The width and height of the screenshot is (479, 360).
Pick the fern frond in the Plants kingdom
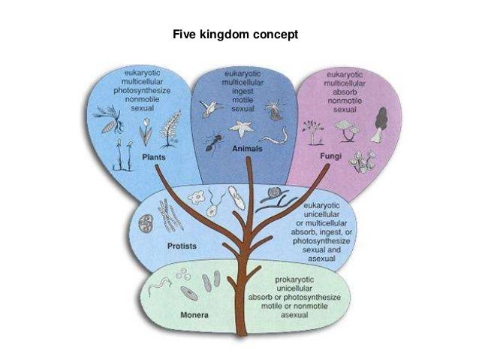(x=170, y=124)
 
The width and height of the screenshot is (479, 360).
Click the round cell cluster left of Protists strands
(x=146, y=223)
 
